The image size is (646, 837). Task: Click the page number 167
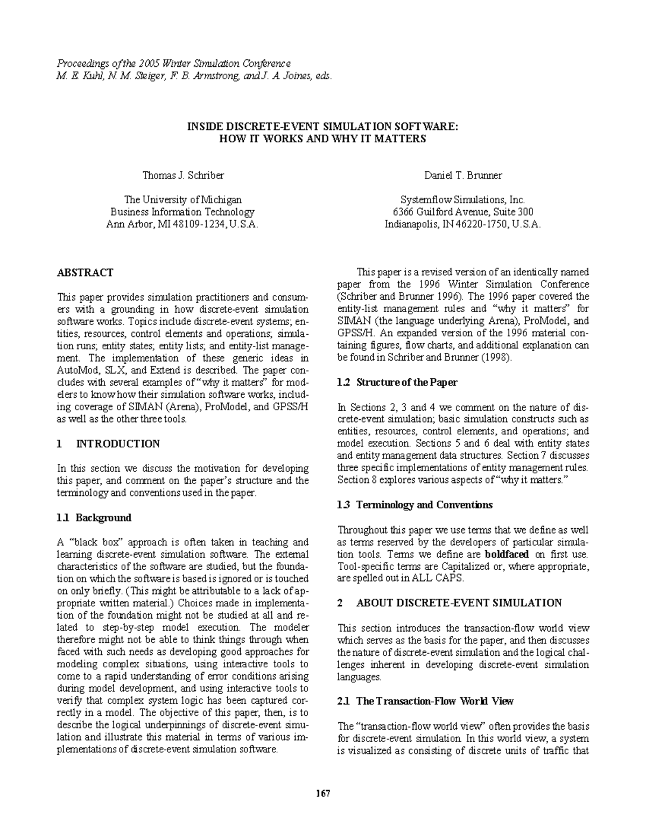click(322, 793)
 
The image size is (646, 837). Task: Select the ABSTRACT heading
click(85, 273)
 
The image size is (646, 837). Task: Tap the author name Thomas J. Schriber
click(183, 175)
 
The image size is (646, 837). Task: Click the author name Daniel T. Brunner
click(462, 175)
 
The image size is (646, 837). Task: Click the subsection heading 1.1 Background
click(94, 518)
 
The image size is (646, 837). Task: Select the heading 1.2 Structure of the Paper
click(397, 383)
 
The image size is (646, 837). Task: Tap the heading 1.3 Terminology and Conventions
click(415, 505)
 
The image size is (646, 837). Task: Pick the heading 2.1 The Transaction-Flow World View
click(425, 701)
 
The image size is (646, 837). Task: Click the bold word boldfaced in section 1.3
click(507, 554)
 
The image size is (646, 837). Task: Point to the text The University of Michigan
click(182, 200)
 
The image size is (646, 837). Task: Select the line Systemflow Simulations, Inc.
click(462, 200)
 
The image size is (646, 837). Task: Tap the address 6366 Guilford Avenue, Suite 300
click(462, 212)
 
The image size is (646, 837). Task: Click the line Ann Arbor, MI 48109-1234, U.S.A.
click(182, 225)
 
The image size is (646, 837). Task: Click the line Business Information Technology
click(182, 212)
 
